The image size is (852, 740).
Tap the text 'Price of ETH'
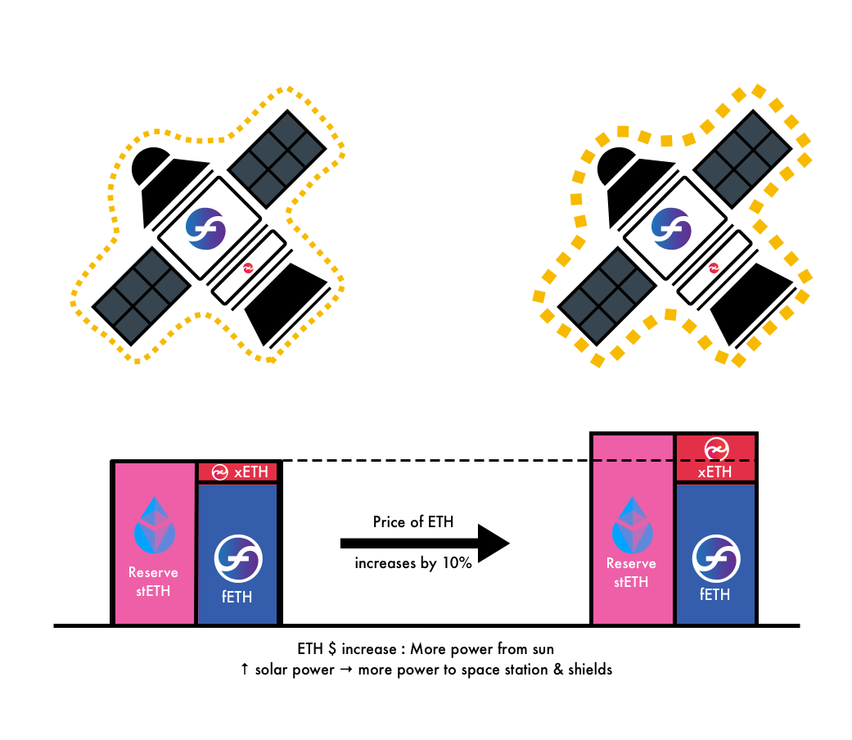tap(413, 522)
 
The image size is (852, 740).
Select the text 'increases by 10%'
tap(412, 563)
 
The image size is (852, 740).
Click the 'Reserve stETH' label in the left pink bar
tap(153, 581)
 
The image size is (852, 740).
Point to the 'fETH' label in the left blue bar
tap(237, 597)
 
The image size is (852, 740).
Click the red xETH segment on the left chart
tap(238, 472)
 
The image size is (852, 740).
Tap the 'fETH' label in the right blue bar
tap(715, 594)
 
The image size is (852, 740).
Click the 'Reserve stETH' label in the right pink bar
tap(632, 572)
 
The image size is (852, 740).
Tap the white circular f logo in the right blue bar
tap(716, 558)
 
